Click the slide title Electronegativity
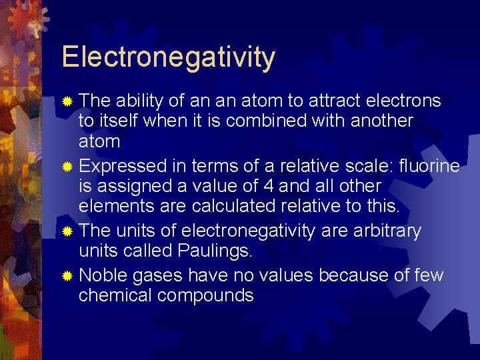tap(168, 57)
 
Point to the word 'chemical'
tap(117, 295)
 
